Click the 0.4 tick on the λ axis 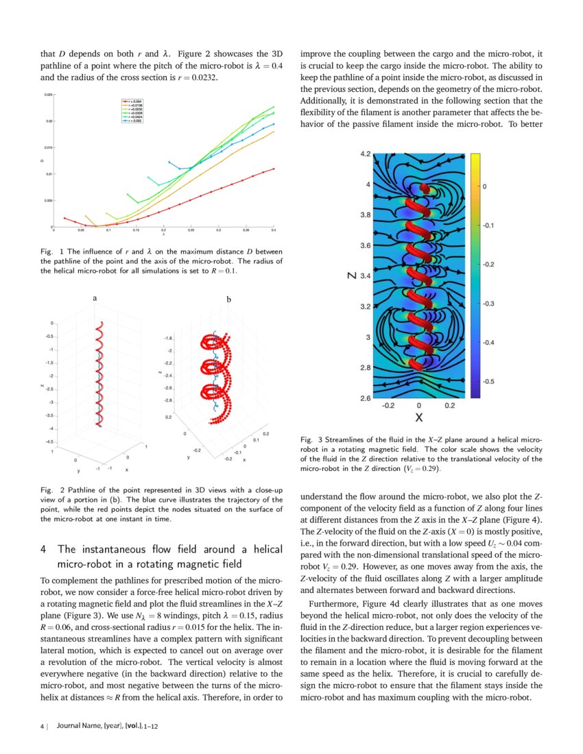coord(273,231)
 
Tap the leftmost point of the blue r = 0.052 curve coord(169,162)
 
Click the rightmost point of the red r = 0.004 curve coord(274,169)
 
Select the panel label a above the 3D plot coord(95,299)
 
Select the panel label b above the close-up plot coord(228,300)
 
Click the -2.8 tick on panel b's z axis coord(167,400)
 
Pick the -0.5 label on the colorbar coord(490,381)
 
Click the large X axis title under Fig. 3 coord(418,417)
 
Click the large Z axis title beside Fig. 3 coord(351,276)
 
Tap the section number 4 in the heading coord(43,549)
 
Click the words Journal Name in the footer coord(78,725)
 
